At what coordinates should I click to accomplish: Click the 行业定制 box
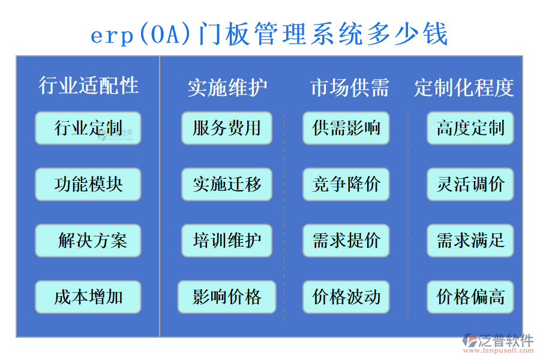pos(88,128)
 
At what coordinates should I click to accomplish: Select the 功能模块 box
pos(88,184)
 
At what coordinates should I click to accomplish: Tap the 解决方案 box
pos(88,241)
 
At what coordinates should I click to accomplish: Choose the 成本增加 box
pos(88,297)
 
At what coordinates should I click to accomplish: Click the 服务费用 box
pos(227,128)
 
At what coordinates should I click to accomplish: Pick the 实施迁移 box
pos(227,184)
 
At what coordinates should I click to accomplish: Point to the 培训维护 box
pos(227,241)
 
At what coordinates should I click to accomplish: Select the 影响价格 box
pos(227,297)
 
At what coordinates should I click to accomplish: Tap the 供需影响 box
pos(346,128)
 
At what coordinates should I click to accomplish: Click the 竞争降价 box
pos(346,184)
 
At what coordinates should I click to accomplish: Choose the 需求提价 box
pos(346,241)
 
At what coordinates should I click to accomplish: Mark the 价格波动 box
pos(346,297)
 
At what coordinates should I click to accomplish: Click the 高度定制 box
pos(470,128)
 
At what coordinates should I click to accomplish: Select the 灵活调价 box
pos(470,184)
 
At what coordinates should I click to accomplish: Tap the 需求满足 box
pos(470,241)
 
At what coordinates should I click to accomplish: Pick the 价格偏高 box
pos(470,297)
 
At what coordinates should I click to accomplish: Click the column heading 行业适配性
pos(88,86)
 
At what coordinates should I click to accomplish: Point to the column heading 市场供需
pos(349,88)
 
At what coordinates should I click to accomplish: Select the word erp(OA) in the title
pos(142,34)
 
